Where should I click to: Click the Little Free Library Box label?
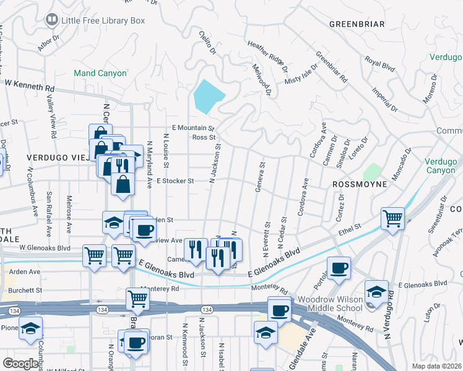pyautogui.click(x=103, y=20)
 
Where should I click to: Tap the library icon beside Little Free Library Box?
pyautogui.click(x=52, y=20)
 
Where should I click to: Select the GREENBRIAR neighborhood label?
pyautogui.click(x=357, y=24)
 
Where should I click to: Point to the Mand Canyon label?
pyautogui.click(x=100, y=73)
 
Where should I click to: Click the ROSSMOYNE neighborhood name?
pyautogui.click(x=360, y=184)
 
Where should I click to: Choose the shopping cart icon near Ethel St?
pyautogui.click(x=393, y=218)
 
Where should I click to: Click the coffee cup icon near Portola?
pyautogui.click(x=339, y=268)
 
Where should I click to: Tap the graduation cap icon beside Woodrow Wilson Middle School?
pyautogui.click(x=376, y=291)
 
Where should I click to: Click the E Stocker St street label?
pyautogui.click(x=175, y=181)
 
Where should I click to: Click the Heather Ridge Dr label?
pyautogui.click(x=267, y=53)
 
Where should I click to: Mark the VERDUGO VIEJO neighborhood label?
pyautogui.click(x=59, y=158)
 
